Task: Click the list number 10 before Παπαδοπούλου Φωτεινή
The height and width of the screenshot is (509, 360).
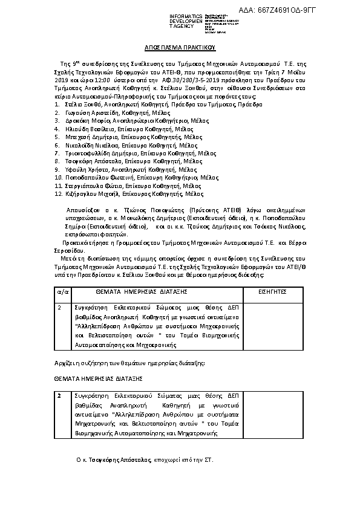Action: [58, 178]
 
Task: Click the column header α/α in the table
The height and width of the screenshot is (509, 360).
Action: [62, 291]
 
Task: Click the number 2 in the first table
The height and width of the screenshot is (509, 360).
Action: [59, 308]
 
